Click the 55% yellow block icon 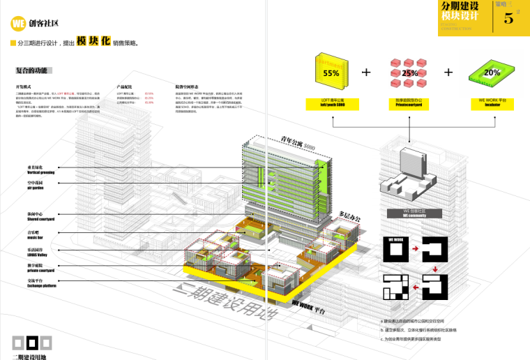[x=331, y=73]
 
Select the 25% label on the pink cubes [x=410, y=73]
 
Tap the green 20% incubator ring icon [x=492, y=72]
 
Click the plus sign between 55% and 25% [x=367, y=72]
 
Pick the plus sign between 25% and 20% [x=448, y=72]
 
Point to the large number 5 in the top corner [x=508, y=19]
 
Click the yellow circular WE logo [x=19, y=23]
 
